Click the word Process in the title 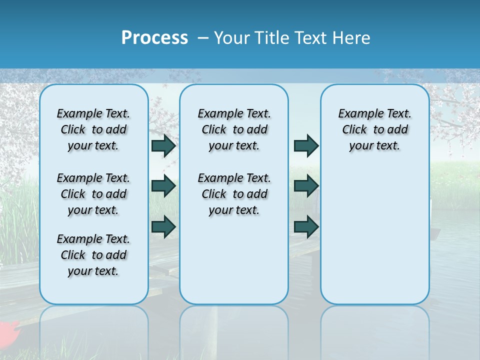154,38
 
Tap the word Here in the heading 352,38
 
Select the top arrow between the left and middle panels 163,145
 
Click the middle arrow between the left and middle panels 163,186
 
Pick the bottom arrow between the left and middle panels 163,226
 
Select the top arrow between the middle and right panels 306,145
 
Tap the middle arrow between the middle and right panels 306,186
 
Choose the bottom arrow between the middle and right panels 306,226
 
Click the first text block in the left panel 93,129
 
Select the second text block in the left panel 93,194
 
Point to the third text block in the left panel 93,255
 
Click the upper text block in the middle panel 234,129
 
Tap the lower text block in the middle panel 234,194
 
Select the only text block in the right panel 374,129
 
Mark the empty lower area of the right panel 374,235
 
